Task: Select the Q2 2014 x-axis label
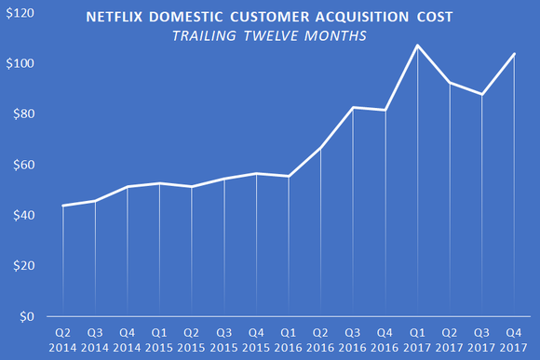63,339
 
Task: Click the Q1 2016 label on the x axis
288,339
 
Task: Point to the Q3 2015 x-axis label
223,339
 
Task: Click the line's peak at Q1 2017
417,46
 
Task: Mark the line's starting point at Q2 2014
63,206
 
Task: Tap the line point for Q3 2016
352,108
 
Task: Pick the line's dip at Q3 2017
481,94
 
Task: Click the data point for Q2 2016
320,148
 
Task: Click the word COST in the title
434,19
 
